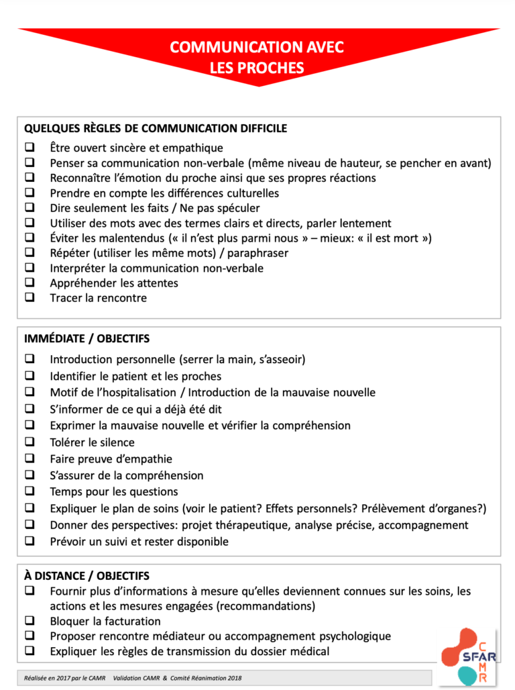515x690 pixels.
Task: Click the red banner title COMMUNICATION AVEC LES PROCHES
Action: (x=257, y=57)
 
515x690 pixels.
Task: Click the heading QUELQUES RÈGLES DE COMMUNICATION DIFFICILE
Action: (x=156, y=128)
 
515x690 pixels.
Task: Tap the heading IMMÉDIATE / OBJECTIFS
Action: (x=87, y=338)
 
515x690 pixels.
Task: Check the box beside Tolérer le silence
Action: (x=30, y=442)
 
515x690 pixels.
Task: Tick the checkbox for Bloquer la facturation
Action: (x=30, y=621)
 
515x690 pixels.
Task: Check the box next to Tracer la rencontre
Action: (x=30, y=297)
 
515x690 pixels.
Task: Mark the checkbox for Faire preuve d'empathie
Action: (x=30, y=459)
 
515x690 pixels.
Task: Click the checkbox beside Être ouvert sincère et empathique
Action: (x=30, y=148)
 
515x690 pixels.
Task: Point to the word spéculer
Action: (x=236, y=208)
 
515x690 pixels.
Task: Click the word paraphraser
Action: (x=255, y=253)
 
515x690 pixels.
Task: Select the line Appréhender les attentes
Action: (x=114, y=283)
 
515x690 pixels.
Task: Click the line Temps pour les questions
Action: (x=114, y=492)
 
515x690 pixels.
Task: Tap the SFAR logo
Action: (x=473, y=655)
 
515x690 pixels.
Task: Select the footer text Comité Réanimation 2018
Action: (x=208, y=678)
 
